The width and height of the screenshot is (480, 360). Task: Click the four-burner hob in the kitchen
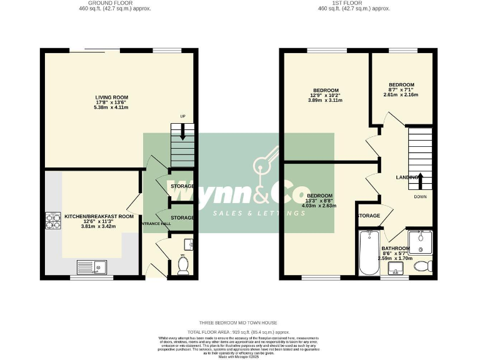[x=52, y=222]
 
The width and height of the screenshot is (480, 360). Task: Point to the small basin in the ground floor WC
[x=189, y=243]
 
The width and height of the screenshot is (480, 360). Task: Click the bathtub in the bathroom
[x=368, y=252]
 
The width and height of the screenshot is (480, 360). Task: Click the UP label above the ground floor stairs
[x=182, y=117]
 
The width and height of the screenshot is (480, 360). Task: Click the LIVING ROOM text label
[x=111, y=97]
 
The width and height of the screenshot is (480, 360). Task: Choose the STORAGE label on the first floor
[x=369, y=216]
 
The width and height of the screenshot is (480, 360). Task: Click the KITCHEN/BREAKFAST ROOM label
[x=99, y=216]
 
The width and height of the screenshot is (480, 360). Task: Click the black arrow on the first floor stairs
[x=420, y=181]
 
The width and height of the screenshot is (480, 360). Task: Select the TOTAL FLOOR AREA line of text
[x=239, y=332]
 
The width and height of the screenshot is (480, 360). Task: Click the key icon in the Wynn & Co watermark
[x=265, y=164]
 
